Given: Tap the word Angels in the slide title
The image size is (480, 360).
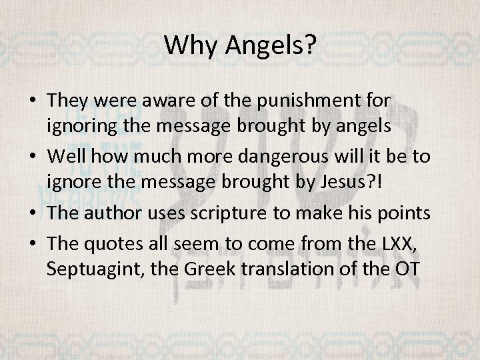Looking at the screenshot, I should tap(269, 45).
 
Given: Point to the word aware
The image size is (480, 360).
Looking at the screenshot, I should tap(182, 100).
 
